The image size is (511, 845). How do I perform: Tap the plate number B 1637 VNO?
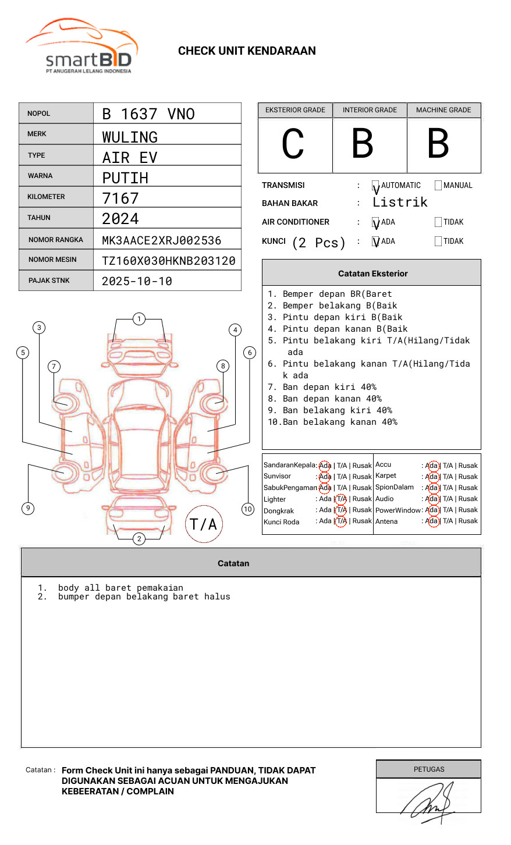click(148, 114)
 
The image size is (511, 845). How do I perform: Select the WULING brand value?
click(130, 137)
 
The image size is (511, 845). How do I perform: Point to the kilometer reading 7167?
click(120, 198)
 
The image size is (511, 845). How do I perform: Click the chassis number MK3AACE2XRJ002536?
click(162, 240)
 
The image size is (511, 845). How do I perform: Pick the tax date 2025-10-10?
click(137, 281)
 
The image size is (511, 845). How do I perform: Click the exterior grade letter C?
click(293, 144)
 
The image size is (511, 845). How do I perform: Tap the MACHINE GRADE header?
click(443, 110)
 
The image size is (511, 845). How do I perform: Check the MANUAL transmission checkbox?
click(438, 186)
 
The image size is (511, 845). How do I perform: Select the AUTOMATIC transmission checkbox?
click(375, 186)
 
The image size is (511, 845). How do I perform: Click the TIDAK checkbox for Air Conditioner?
click(438, 222)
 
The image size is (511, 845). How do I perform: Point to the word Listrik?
click(400, 203)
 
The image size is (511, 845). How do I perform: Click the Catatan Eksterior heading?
click(372, 274)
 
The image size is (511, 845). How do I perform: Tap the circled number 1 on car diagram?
click(139, 319)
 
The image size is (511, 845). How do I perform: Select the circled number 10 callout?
click(248, 509)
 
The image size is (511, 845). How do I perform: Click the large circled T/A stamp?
click(204, 524)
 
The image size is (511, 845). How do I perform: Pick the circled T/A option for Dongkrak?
click(341, 510)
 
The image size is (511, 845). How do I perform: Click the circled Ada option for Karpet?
click(432, 477)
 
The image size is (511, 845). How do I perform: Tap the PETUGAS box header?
click(429, 769)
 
